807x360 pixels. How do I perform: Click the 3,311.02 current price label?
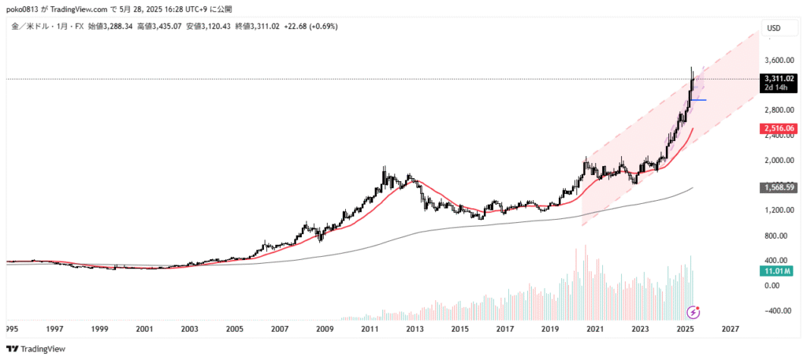pos(778,79)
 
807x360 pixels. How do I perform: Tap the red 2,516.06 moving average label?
pos(778,128)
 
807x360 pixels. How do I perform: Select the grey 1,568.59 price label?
pos(778,187)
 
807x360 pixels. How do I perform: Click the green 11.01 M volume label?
pos(775,271)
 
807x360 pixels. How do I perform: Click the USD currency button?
pos(774,28)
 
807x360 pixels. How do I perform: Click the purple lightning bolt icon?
pos(693,311)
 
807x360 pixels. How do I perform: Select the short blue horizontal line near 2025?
pos(698,100)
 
